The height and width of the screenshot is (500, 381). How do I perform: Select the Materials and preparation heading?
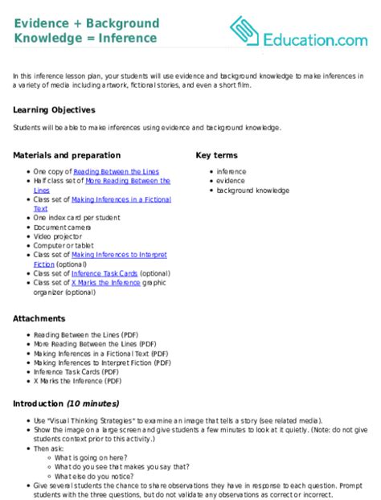pos(67,155)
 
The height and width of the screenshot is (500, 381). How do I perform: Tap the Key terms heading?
pos(217,155)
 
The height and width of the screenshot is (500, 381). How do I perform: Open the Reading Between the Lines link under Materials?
pos(116,171)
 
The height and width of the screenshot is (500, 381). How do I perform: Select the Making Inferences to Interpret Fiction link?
pos(119,254)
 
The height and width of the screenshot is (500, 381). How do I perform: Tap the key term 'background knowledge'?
pos(253,191)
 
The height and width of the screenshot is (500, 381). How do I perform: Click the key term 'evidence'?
pos(231,181)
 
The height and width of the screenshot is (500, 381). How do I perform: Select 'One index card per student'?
pos(77,217)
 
